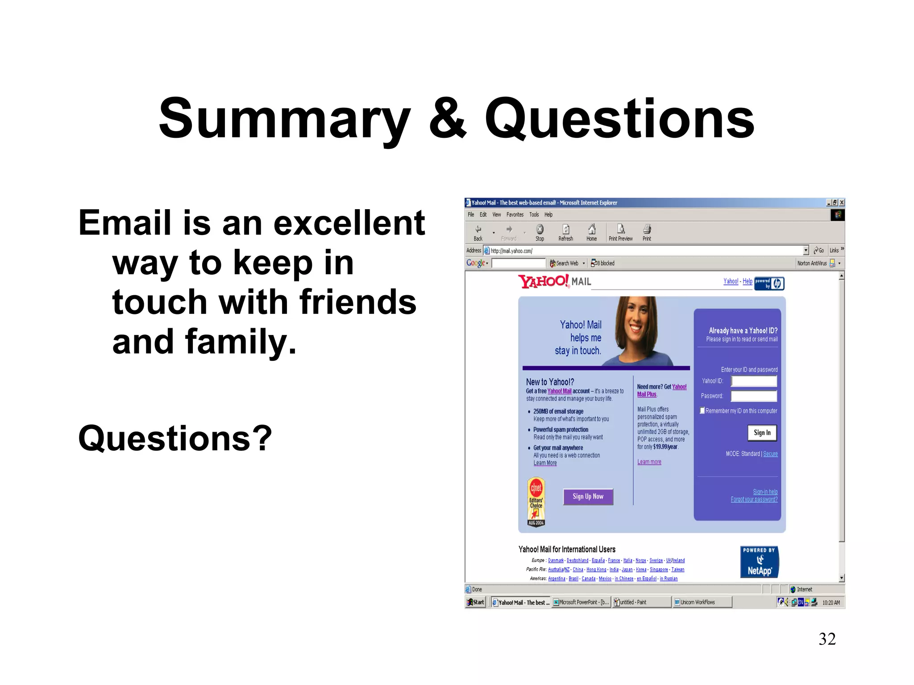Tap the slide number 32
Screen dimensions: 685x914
827,639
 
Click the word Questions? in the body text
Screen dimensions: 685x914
175,438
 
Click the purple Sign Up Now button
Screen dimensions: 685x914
588,496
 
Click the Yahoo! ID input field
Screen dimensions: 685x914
754,381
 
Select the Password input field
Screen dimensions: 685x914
754,396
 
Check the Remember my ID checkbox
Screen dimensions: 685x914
702,411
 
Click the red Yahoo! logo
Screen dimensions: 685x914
543,281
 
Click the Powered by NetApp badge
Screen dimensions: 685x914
759,562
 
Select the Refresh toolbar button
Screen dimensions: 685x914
565,232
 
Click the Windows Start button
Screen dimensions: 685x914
475,602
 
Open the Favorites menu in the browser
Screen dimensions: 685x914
515,215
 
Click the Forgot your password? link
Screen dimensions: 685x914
754,499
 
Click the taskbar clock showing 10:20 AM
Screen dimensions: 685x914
831,602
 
